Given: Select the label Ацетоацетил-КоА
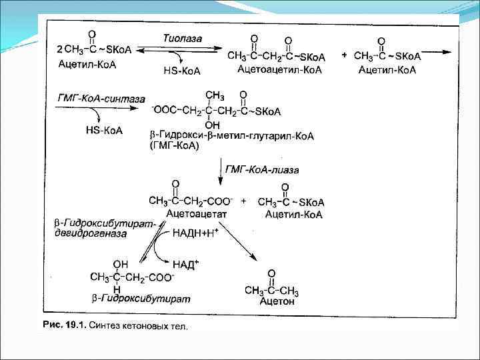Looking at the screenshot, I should tap(275, 69).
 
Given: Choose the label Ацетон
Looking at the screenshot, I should tap(277, 302).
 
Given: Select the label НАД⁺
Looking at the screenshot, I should tap(188, 265).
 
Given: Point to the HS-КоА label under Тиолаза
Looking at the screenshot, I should tap(181, 70).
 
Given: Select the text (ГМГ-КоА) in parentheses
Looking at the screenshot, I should tap(175, 146).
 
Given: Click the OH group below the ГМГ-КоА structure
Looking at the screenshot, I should tap(212, 125).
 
